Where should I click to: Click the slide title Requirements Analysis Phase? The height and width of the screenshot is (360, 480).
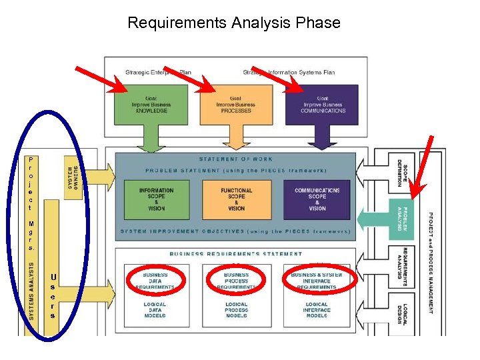pos(233,23)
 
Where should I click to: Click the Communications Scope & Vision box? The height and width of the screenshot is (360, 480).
pos(317,199)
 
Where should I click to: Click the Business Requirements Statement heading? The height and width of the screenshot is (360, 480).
pos(236,254)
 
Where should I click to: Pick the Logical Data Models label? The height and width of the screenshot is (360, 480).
pos(155,310)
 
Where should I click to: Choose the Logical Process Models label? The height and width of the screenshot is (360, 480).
pos(236,310)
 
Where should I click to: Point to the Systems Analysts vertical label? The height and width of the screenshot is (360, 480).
pos(31,291)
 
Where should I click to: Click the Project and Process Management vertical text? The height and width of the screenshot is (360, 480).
pos(431,263)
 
